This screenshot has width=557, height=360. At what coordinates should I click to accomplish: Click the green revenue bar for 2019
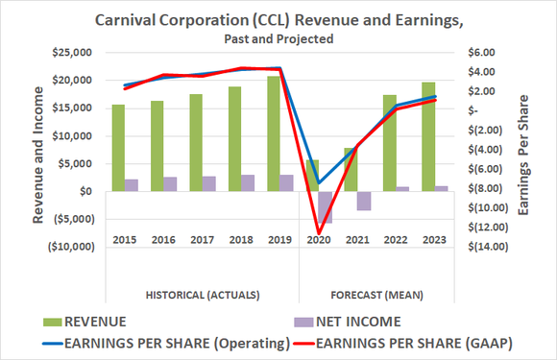point(274,134)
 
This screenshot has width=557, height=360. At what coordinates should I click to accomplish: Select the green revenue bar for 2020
point(312,175)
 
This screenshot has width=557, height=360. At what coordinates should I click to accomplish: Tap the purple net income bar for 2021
point(364,200)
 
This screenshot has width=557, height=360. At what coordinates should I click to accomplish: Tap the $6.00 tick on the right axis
point(477,53)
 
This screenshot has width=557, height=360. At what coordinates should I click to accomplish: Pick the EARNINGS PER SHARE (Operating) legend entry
point(163,339)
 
